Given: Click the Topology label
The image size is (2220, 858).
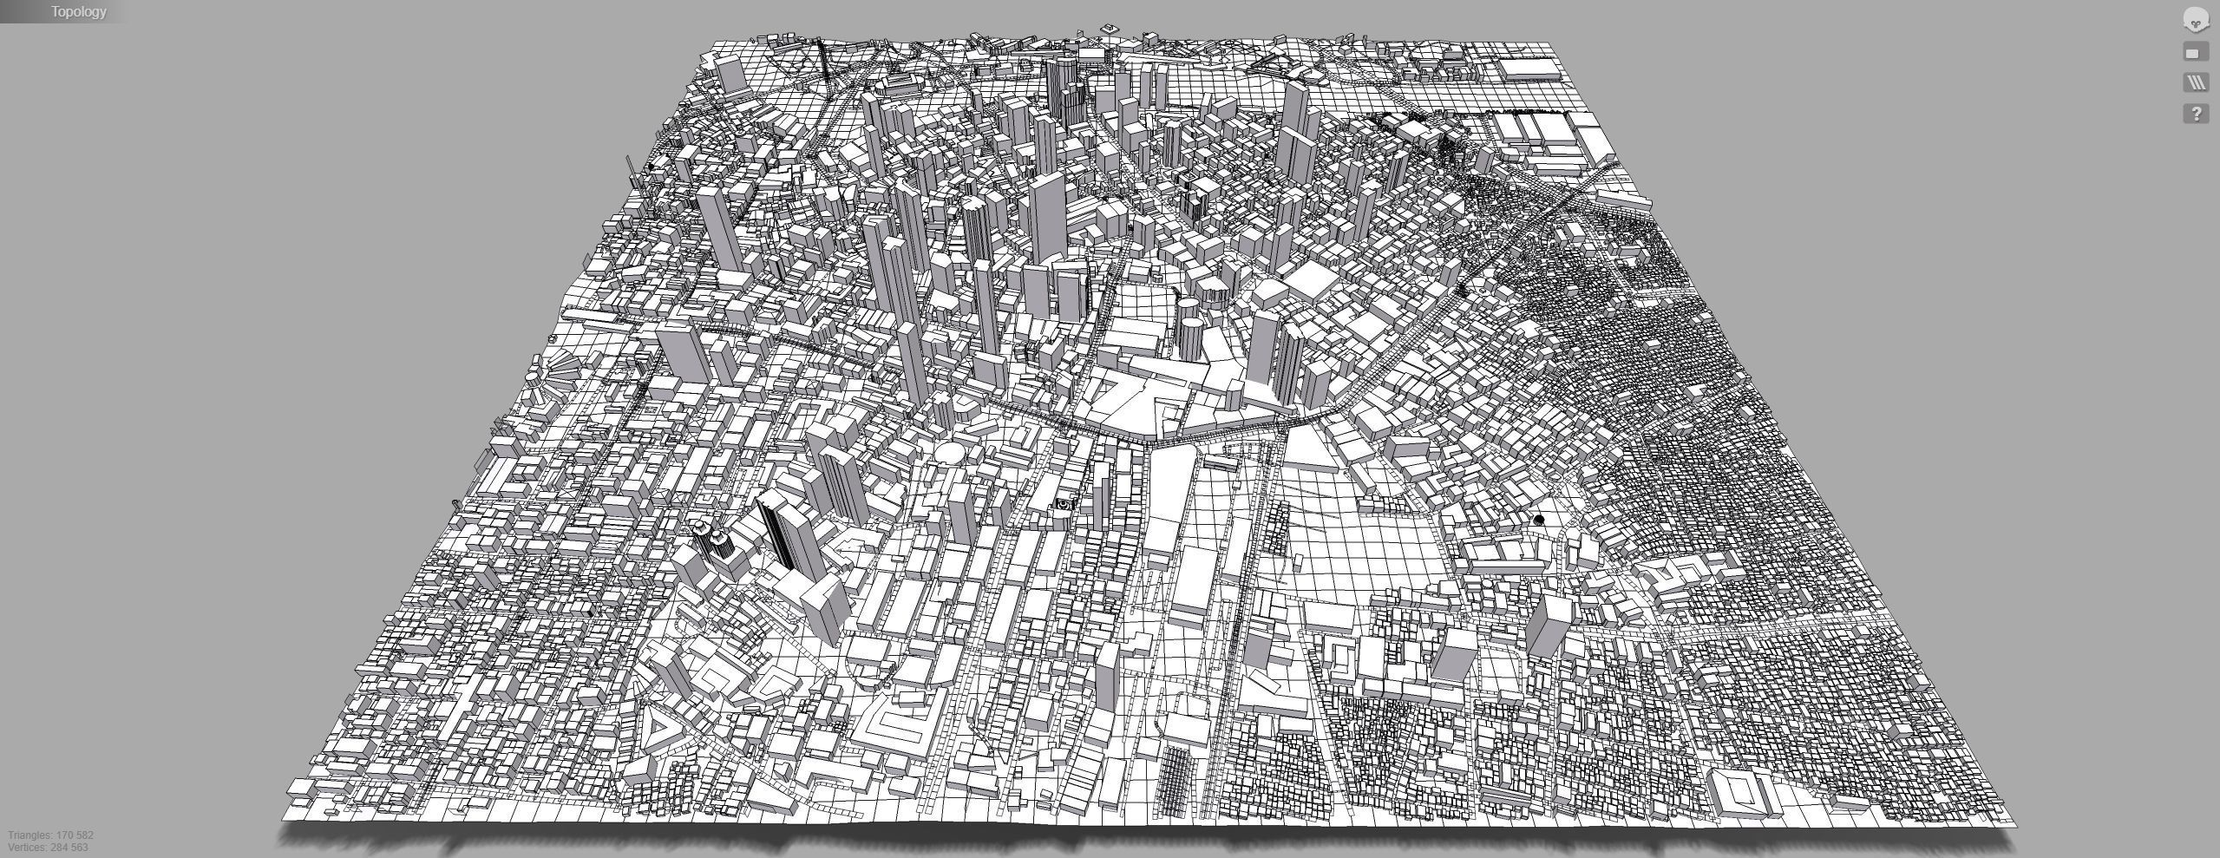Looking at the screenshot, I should pos(78,11).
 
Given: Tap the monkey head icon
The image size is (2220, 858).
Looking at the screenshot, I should pos(2195,20).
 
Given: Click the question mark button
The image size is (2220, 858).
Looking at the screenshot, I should pos(2196,114).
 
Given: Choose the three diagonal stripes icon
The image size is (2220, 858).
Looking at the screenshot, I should pos(2196,83).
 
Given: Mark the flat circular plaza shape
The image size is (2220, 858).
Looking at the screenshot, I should pos(949,452).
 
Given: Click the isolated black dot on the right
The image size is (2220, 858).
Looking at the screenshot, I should pos(1539,520).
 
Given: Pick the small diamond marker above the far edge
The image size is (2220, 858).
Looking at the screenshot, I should pos(1109,29).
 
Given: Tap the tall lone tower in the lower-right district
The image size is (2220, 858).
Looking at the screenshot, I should pos(1547,624).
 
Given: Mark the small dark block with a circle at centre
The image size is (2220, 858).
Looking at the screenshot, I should pos(1064,504).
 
